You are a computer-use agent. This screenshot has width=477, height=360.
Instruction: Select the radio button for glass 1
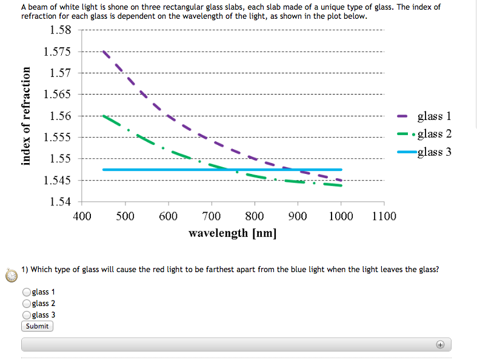tap(27, 292)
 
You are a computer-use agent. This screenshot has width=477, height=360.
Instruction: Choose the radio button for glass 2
tap(27, 304)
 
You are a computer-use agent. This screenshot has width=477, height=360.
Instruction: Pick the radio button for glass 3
tap(27, 315)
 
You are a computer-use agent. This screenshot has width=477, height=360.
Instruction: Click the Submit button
tap(37, 326)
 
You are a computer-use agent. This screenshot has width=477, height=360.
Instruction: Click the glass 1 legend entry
tap(434, 116)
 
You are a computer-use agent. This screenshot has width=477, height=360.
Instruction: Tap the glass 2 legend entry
tap(434, 134)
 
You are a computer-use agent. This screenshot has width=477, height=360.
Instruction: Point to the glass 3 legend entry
tap(434, 152)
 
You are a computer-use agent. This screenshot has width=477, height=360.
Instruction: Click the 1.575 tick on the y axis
tap(58, 52)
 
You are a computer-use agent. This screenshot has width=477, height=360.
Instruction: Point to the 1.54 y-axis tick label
tap(60, 201)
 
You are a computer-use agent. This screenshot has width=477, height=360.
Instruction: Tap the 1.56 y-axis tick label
tap(60, 116)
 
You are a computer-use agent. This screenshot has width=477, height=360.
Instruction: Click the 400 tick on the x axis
tap(82, 216)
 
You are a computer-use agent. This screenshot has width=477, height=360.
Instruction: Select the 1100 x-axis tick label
tap(383, 216)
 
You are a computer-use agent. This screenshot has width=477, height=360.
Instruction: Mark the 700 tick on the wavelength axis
tap(211, 216)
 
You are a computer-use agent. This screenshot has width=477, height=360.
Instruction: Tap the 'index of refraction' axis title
tap(26, 115)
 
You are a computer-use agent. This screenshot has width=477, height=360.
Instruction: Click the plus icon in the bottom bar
tap(440, 344)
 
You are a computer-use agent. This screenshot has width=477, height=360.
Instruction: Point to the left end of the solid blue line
tap(104, 170)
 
